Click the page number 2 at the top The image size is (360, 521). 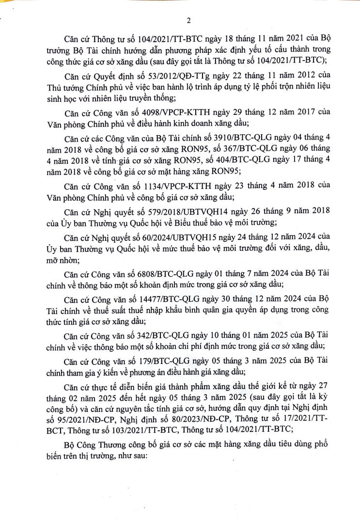point(188,20)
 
